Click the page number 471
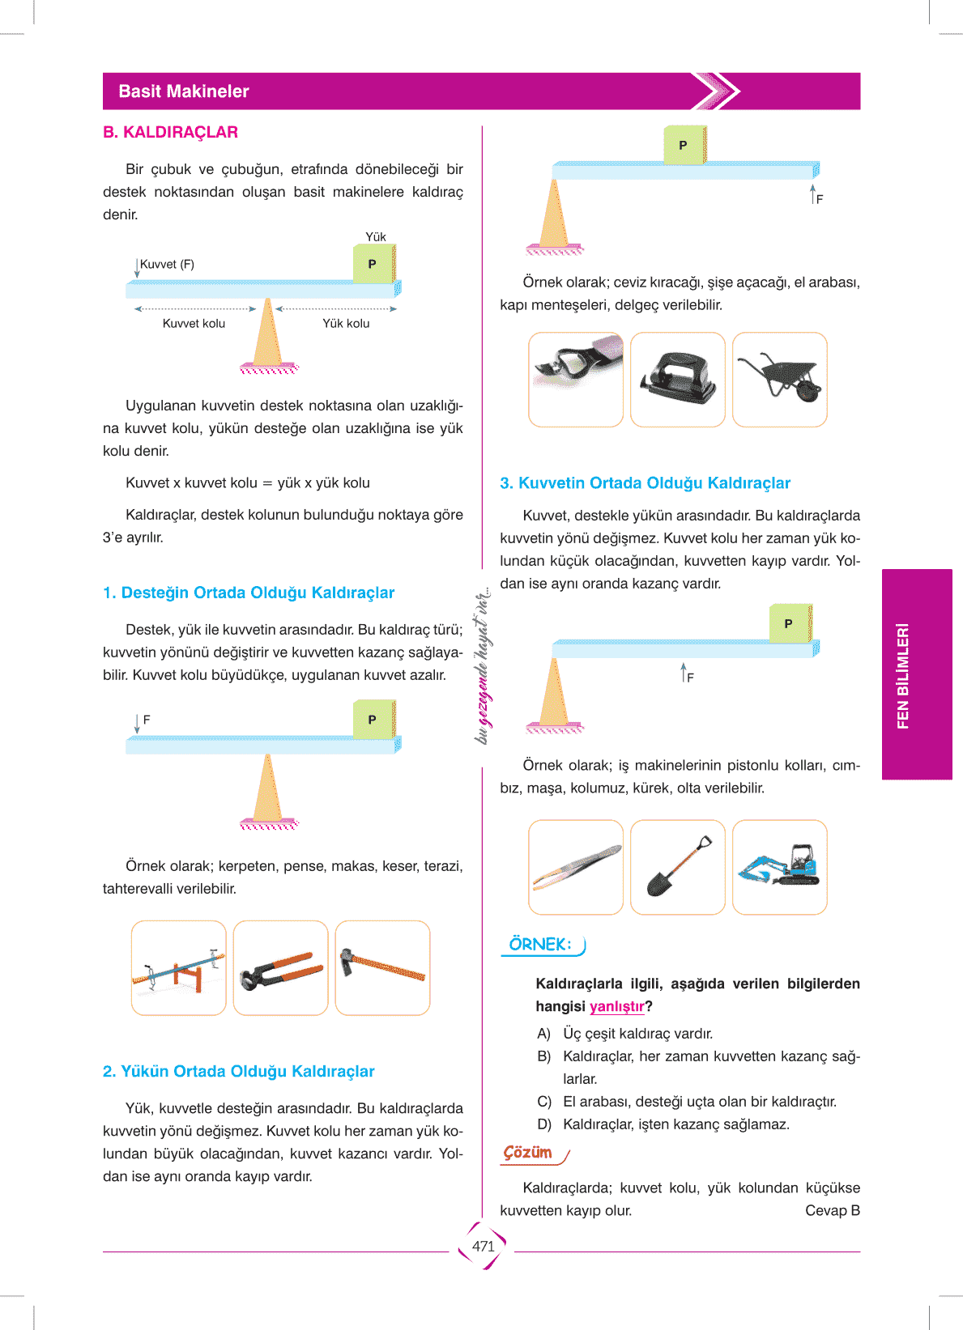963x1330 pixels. click(483, 1246)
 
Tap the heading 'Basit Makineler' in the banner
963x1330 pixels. click(184, 91)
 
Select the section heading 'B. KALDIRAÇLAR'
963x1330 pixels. click(170, 132)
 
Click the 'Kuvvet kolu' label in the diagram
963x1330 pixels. click(194, 324)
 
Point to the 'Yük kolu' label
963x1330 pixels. click(346, 324)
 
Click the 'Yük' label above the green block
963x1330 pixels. click(375, 237)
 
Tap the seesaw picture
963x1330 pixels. click(179, 968)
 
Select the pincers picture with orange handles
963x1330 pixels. click(280, 968)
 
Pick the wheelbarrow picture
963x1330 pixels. click(780, 379)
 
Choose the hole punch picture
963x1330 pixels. click(678, 379)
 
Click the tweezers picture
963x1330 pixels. click(576, 867)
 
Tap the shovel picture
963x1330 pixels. click(678, 867)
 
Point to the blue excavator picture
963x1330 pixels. click(780, 867)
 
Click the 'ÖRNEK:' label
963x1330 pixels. click(540, 945)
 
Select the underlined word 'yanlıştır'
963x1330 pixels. click(616, 1007)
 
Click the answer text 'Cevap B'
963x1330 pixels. click(832, 1211)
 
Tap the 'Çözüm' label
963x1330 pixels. click(528, 1153)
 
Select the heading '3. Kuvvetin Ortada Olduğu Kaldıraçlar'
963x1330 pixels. click(645, 483)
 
